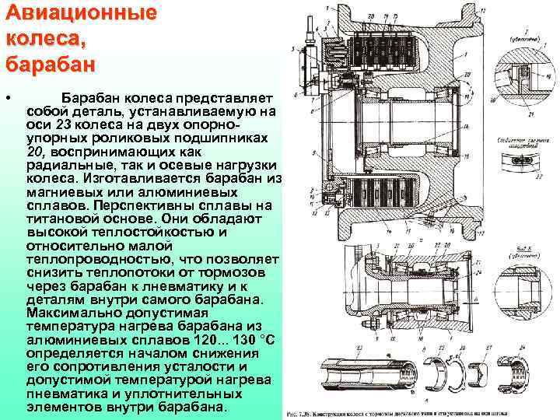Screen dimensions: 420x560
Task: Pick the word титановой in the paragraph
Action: pos(60,219)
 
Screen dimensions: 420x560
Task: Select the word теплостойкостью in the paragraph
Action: pos(152,231)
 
